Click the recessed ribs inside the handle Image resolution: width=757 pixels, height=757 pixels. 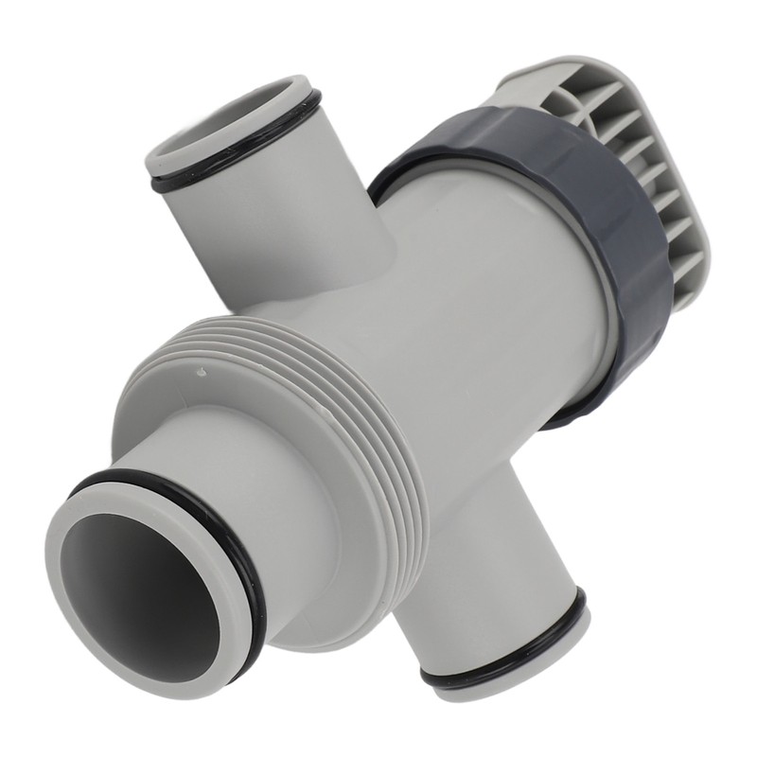[x=625, y=142]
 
